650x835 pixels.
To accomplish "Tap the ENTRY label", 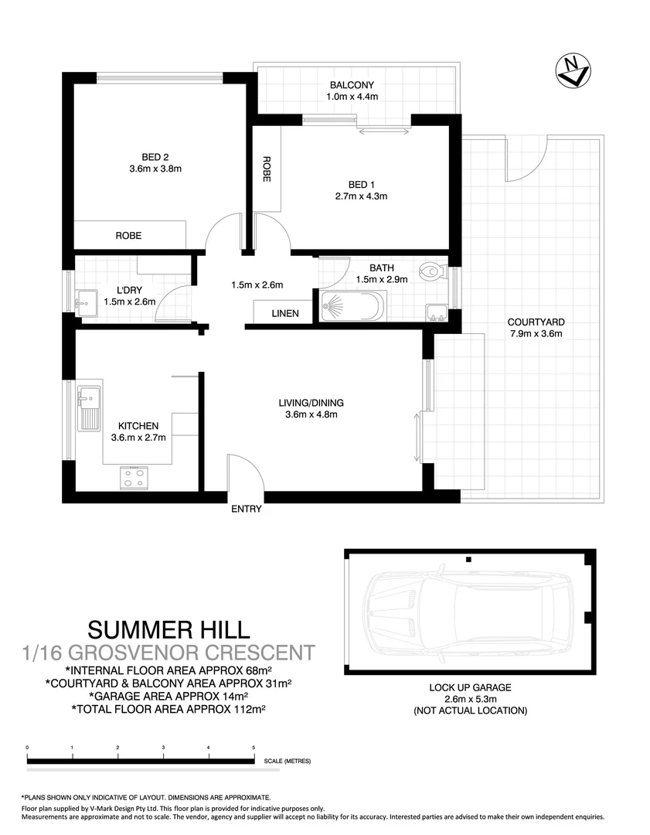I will (247, 509).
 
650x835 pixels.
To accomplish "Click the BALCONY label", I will (352, 85).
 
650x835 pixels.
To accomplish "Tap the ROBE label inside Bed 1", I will (267, 169).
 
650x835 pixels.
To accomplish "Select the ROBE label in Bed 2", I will (128, 236).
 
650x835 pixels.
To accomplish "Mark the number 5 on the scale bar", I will (254, 748).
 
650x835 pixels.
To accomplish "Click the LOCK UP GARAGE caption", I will (470, 687).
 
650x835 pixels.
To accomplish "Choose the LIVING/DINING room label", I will (311, 403).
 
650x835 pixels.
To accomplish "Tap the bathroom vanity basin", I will (436, 312).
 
